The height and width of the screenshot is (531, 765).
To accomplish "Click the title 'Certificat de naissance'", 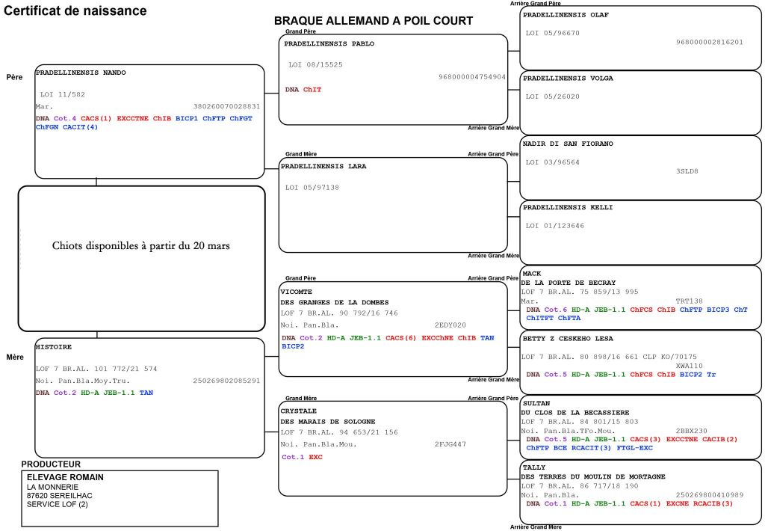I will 75,11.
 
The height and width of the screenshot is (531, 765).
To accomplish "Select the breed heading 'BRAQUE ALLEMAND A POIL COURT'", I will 374,21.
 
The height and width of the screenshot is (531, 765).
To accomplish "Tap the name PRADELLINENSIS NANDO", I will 81,73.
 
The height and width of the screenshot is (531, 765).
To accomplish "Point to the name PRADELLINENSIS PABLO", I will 329,43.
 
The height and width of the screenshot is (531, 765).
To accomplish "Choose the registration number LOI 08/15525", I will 315,65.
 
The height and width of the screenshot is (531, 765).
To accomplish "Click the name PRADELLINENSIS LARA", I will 325,166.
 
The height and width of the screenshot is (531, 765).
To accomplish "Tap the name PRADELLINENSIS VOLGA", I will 568,78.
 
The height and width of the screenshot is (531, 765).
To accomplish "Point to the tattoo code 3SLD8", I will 687,171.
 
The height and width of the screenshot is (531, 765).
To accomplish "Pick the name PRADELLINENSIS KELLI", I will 568,207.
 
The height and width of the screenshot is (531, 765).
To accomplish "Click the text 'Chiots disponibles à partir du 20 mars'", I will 141,245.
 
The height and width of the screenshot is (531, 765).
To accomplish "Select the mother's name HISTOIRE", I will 54,347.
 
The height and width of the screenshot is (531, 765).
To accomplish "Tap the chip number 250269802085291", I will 226,381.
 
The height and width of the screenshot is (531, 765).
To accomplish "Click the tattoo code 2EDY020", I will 450,325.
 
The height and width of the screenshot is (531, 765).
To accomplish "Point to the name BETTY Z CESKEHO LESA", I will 569,337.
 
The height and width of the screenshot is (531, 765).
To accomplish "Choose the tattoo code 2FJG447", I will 450,443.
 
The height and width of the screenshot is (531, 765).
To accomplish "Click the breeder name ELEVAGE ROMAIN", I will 65,477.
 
